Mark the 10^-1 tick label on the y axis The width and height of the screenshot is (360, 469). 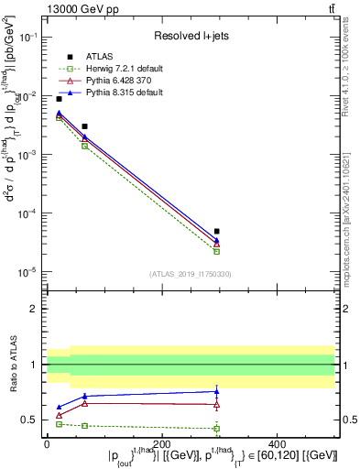tap(29, 38)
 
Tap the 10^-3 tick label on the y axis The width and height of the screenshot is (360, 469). tap(29, 155)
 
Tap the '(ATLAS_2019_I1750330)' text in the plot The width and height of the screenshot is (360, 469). tap(190, 274)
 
